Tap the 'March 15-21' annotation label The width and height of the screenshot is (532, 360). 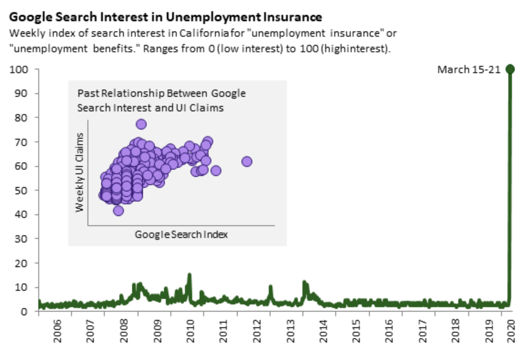pos(468,69)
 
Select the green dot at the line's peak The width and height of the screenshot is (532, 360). pos(510,69)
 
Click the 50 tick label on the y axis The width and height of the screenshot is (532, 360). pos(22,191)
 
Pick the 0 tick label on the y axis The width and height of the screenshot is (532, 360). pos(25,311)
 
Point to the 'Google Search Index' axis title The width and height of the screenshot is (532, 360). pos(181,234)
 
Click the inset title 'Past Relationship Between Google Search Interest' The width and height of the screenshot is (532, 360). pos(162,100)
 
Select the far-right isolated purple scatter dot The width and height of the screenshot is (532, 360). pos(247,161)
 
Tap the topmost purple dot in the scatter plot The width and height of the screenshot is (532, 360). pos(141,124)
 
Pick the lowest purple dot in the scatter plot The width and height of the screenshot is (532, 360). pos(118,211)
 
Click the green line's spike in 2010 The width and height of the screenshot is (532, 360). pos(189,275)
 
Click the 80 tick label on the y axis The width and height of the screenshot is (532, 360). pos(22,118)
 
